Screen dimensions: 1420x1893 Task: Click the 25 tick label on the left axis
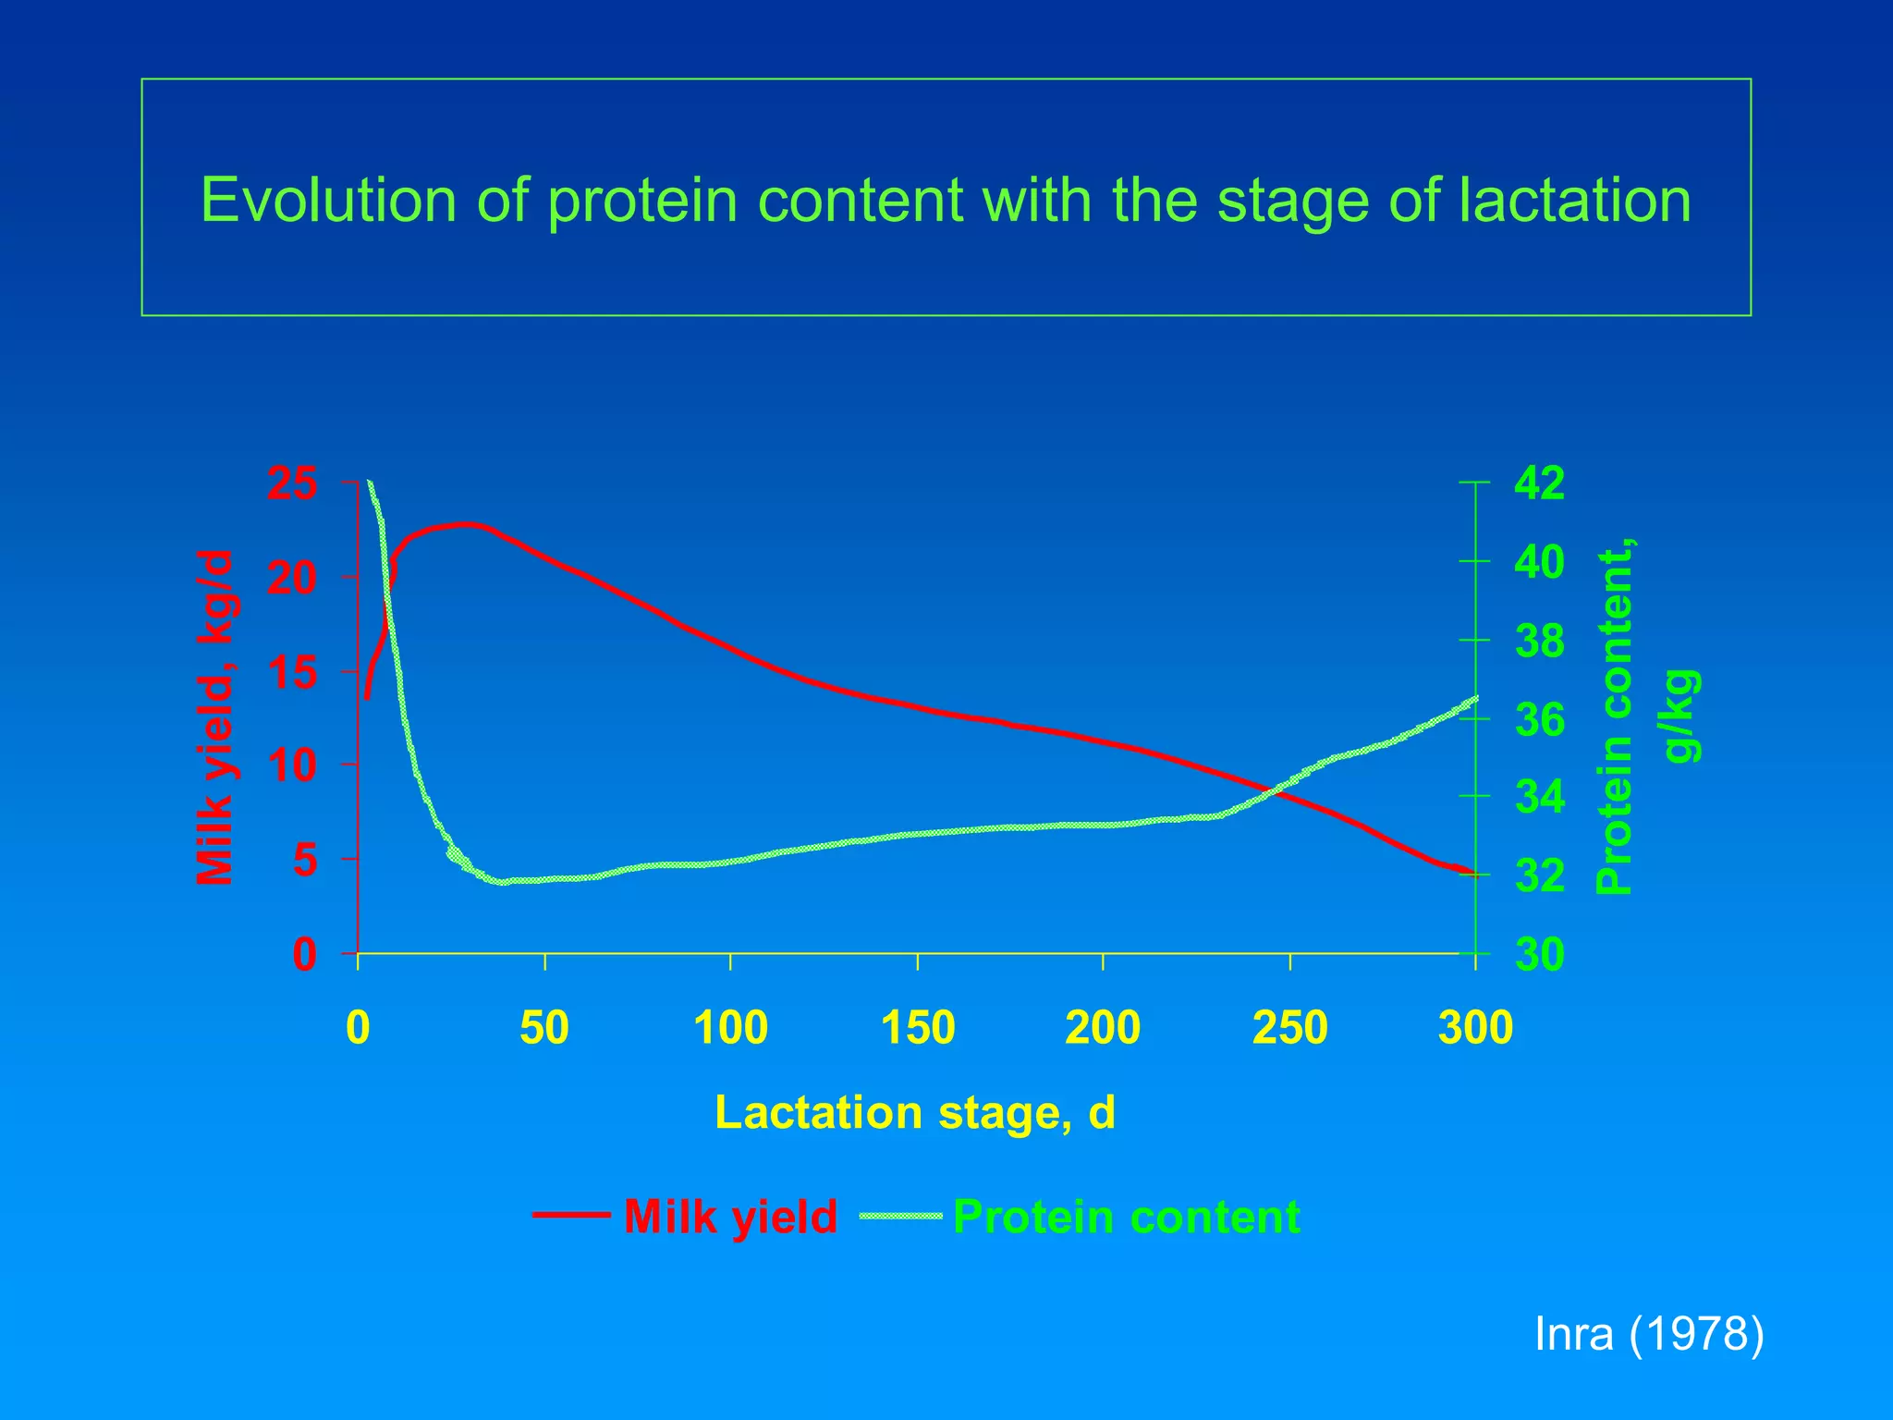[x=292, y=484]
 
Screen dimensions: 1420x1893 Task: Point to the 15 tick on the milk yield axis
[x=292, y=672]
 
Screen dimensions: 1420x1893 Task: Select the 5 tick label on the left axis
[x=305, y=861]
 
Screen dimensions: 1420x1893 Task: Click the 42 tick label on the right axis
[x=1539, y=484]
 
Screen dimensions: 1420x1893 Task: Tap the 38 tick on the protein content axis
[x=1539, y=641]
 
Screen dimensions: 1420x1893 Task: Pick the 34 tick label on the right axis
[x=1539, y=797]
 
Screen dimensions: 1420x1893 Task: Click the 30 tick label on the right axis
[x=1539, y=954]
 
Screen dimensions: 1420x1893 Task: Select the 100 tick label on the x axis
[x=730, y=1028]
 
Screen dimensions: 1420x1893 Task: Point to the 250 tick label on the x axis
[x=1289, y=1028]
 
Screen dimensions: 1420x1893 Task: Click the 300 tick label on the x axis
[x=1475, y=1028]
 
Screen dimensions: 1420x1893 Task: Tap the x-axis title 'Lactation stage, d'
[x=915, y=1112]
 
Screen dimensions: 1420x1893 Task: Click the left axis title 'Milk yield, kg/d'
[x=215, y=717]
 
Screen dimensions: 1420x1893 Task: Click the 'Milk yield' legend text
[x=730, y=1217]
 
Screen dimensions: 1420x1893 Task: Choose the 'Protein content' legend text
[x=1126, y=1217]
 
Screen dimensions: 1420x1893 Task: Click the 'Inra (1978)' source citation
[x=1649, y=1334]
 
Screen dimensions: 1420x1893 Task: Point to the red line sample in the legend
[x=571, y=1216]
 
